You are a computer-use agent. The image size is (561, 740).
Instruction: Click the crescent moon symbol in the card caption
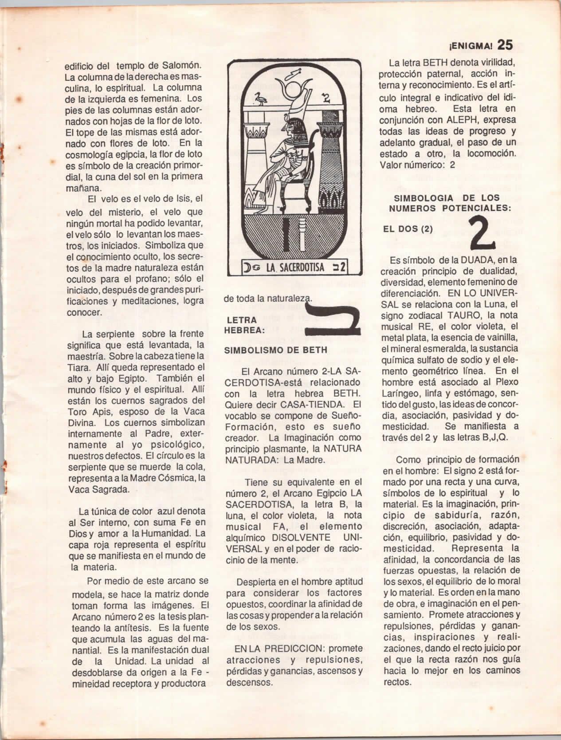coord(247,268)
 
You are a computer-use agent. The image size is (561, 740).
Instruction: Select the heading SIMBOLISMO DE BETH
coord(276,350)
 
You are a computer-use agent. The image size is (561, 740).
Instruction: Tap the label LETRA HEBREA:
coord(243,325)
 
